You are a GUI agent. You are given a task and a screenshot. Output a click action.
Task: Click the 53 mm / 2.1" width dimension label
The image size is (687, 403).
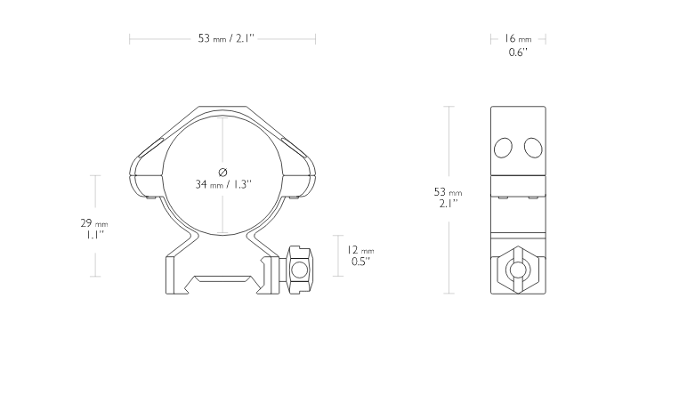[226, 38]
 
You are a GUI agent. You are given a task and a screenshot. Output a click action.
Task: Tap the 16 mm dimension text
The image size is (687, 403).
[517, 38]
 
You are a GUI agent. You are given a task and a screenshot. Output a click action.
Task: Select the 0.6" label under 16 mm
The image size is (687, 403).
[518, 52]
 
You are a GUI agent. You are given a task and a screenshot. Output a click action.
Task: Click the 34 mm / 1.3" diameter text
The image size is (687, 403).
[223, 184]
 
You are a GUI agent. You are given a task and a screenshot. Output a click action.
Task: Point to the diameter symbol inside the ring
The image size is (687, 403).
[222, 173]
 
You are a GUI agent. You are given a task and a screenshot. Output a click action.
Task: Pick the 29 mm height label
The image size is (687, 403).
[93, 223]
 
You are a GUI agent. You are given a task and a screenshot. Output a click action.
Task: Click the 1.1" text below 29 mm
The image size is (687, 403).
[94, 235]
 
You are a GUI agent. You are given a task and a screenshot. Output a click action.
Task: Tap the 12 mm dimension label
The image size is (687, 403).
[360, 250]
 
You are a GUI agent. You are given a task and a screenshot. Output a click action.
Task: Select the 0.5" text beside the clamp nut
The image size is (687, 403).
[360, 262]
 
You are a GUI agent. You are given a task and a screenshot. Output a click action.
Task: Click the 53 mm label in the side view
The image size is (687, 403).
[448, 192]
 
